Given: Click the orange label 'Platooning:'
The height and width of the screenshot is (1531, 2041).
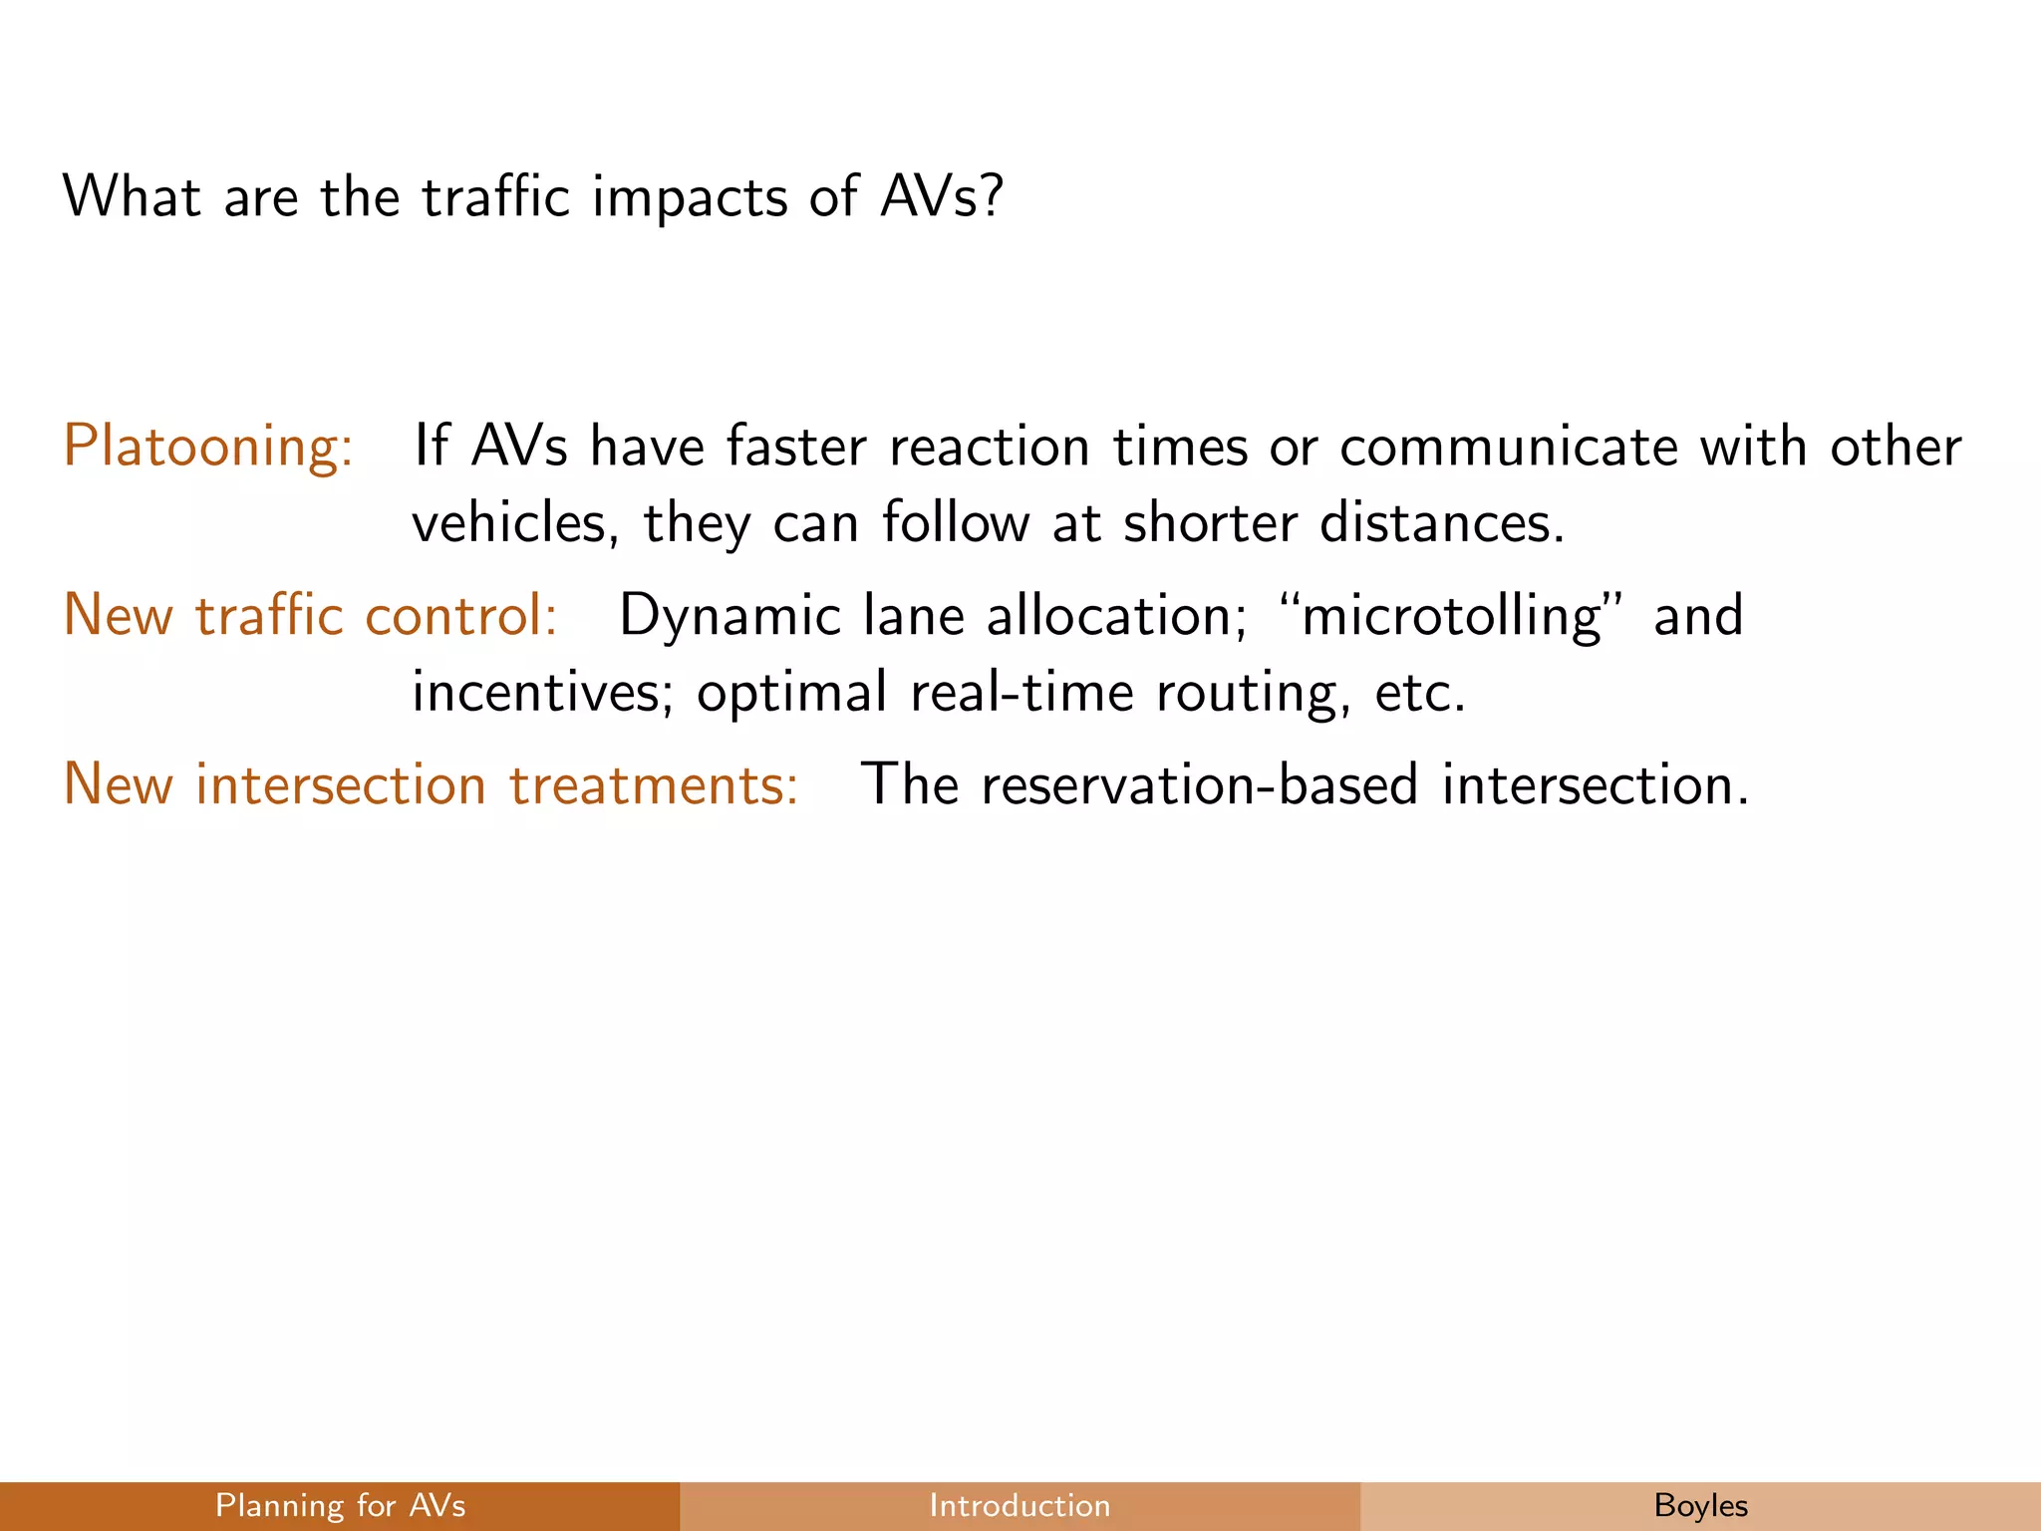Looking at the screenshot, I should pos(208,446).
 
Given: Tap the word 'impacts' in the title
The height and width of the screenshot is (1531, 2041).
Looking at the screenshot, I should pos(689,197).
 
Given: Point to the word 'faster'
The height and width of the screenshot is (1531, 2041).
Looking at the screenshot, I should pos(796,446).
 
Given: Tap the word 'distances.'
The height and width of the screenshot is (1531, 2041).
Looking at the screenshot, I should pos(1441,522).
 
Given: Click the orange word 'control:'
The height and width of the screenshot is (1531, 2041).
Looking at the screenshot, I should pos(460,615).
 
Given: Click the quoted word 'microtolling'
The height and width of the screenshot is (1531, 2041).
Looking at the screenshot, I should pos(1451,615).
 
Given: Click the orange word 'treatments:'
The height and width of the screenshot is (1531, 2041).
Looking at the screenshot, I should pos(654,784).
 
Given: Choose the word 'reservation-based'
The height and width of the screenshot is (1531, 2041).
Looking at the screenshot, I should pos(1199,784).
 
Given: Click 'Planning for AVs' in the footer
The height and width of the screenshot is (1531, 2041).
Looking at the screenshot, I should pos(340,1505).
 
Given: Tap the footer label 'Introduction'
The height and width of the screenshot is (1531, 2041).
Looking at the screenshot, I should pos(1020,1505).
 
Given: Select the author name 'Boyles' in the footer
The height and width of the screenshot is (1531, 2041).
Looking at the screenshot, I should pos(1700,1505).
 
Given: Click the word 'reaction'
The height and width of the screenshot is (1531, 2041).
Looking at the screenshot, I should pos(989,446).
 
